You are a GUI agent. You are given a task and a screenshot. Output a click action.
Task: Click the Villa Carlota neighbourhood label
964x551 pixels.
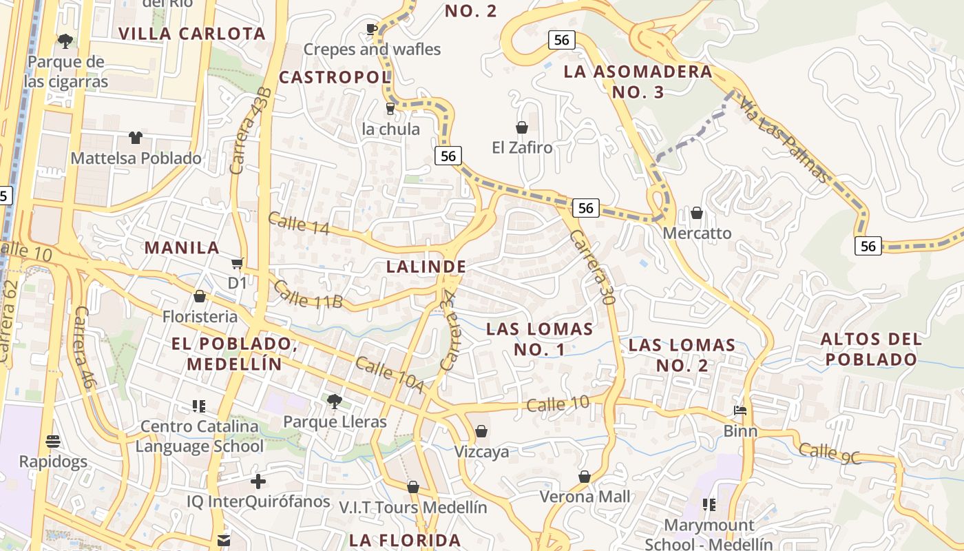pyautogui.click(x=192, y=34)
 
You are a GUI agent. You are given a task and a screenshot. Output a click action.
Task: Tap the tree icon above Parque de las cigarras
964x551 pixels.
pyautogui.click(x=65, y=41)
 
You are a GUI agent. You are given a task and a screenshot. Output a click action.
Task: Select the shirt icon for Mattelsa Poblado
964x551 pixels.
pyautogui.click(x=135, y=138)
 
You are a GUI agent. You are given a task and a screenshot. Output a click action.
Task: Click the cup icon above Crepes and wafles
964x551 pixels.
pyautogui.click(x=372, y=29)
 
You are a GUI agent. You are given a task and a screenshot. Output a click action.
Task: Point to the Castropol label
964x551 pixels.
pyautogui.click(x=335, y=77)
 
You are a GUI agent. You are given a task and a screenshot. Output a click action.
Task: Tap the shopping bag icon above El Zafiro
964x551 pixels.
pyautogui.click(x=522, y=127)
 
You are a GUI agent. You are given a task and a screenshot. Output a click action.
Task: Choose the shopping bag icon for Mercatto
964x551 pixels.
pyautogui.click(x=697, y=213)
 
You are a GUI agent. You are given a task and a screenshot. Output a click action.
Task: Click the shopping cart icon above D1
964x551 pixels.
pyautogui.click(x=238, y=263)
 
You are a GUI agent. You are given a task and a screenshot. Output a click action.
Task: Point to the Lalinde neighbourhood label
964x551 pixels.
pyautogui.click(x=426, y=267)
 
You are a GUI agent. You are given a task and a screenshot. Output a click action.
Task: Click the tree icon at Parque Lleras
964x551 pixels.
pyautogui.click(x=335, y=400)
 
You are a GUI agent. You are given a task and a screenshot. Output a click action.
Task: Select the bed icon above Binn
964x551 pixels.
pyautogui.click(x=740, y=410)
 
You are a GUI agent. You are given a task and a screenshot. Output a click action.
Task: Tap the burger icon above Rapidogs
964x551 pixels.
pyautogui.click(x=53, y=441)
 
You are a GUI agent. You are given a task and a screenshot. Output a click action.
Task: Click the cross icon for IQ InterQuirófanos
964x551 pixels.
pyautogui.click(x=258, y=481)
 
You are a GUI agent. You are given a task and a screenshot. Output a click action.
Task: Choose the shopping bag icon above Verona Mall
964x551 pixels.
pyautogui.click(x=585, y=477)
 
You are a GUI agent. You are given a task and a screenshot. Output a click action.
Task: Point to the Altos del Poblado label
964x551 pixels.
pyautogui.click(x=871, y=349)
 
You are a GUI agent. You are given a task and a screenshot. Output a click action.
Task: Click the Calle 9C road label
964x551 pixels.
pyautogui.click(x=830, y=453)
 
